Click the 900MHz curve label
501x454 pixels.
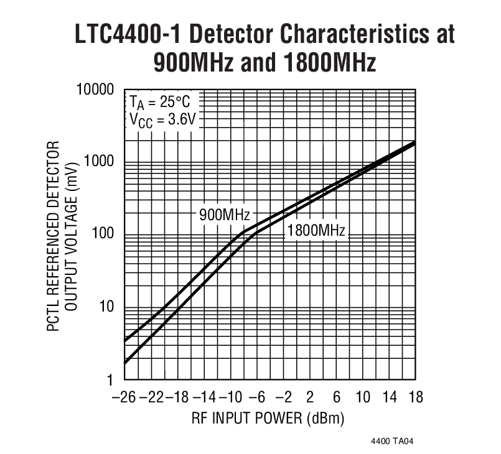(225, 215)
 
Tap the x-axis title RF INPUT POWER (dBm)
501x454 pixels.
(268, 417)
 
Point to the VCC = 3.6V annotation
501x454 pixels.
(163, 119)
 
